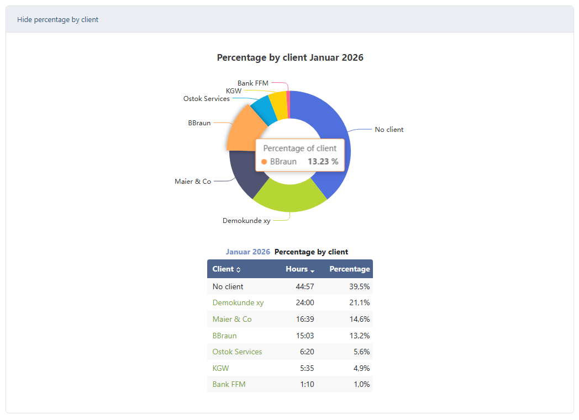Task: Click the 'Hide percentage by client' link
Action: tap(57, 19)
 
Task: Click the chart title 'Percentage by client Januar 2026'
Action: tap(290, 57)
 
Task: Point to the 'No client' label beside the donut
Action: tap(389, 130)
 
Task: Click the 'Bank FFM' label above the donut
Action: tap(252, 83)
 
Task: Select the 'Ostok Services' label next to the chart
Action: tap(206, 99)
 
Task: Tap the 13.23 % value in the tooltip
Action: tap(323, 162)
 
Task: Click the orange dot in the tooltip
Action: tap(264, 162)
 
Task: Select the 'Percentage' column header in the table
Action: tap(349, 269)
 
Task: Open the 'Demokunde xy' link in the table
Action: tap(238, 302)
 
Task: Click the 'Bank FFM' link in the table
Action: tap(229, 384)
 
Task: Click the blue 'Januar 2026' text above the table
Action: tap(248, 252)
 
